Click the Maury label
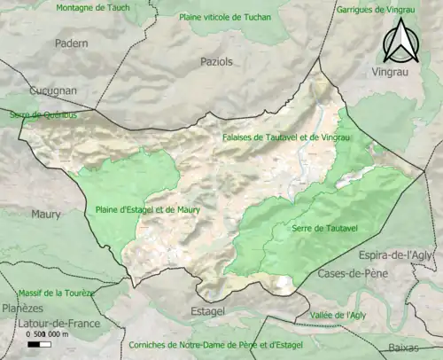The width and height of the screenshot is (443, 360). [x=46, y=215]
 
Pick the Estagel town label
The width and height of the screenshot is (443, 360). [x=208, y=311]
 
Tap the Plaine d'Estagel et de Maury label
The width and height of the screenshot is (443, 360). [x=148, y=210]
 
